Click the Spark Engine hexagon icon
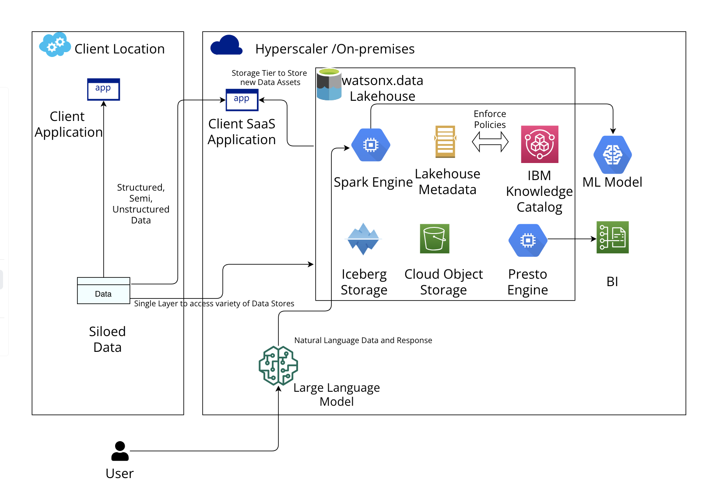tap(371, 145)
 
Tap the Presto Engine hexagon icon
tap(528, 240)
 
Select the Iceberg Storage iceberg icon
tap(363, 239)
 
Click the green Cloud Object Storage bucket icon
tap(435, 239)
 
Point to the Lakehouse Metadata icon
tap(445, 142)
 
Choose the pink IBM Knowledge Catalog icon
tap(540, 144)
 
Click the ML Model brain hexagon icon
tap(613, 155)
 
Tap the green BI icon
tap(613, 237)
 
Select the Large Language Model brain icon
tap(278, 366)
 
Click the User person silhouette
tap(120, 451)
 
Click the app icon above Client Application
tap(103, 89)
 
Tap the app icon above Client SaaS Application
tap(242, 100)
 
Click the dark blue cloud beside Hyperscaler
tap(226, 46)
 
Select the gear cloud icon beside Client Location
tap(55, 44)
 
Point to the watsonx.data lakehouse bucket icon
tap(329, 84)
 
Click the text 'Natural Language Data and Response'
tap(363, 340)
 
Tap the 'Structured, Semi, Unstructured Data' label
tap(141, 204)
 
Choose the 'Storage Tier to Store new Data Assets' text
tap(270, 78)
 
